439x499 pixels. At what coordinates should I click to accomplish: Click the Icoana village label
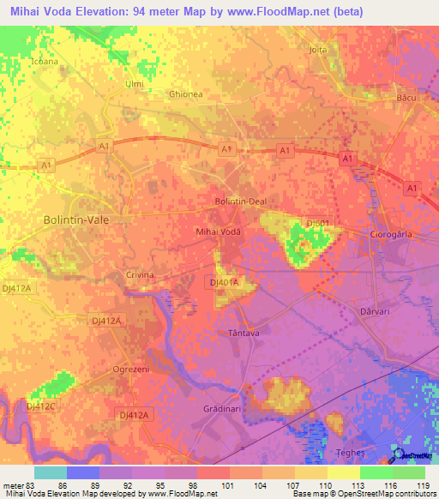point(45,62)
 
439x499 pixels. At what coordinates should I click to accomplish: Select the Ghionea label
point(186,94)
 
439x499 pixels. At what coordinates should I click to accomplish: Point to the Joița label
point(318,50)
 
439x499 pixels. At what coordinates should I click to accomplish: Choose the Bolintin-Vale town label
point(77,219)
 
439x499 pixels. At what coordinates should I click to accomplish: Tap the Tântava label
point(244,331)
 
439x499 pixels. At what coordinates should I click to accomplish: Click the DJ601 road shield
point(319,223)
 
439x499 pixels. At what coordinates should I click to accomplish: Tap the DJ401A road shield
point(223,281)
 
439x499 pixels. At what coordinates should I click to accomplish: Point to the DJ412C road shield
point(40,406)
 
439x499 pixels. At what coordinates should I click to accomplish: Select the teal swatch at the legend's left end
point(51,472)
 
